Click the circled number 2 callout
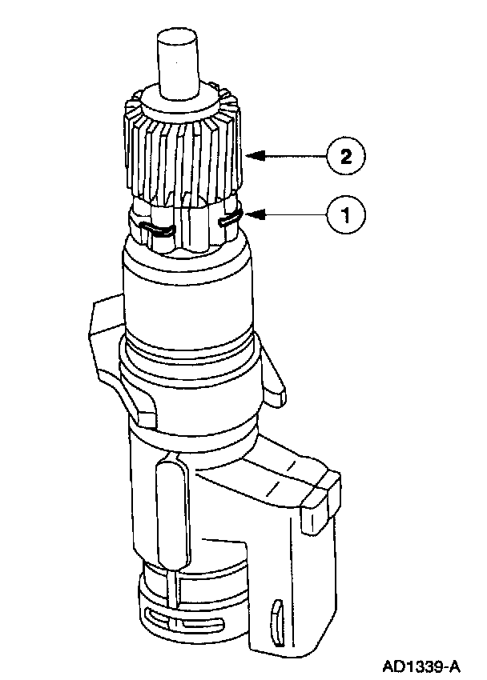(345, 157)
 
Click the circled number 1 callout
(346, 214)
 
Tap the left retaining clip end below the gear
(155, 230)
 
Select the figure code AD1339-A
(421, 665)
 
